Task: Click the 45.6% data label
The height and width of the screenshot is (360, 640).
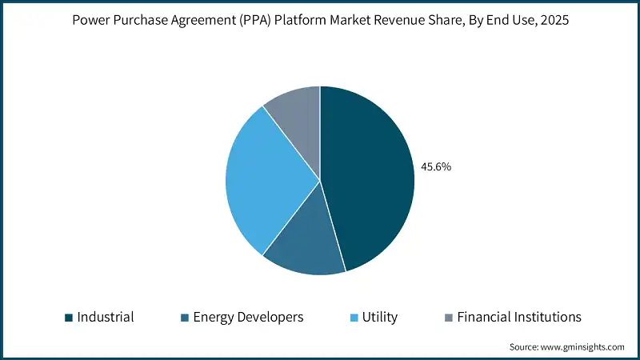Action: point(436,167)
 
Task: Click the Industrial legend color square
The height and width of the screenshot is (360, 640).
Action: point(69,318)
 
